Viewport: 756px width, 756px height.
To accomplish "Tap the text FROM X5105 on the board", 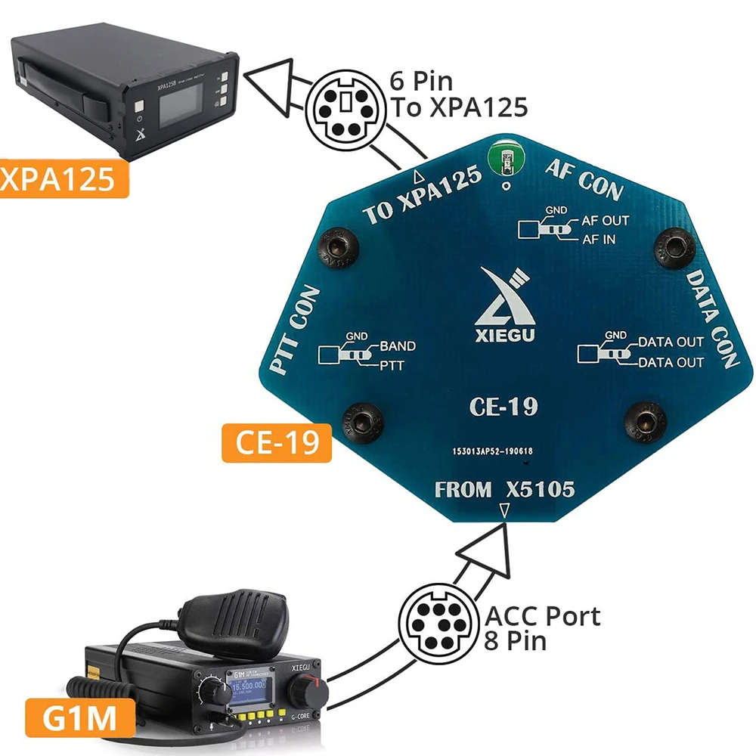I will click(504, 490).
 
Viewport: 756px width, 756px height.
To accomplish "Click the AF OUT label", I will click(605, 222).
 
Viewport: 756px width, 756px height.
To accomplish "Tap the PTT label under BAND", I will click(391, 367).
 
